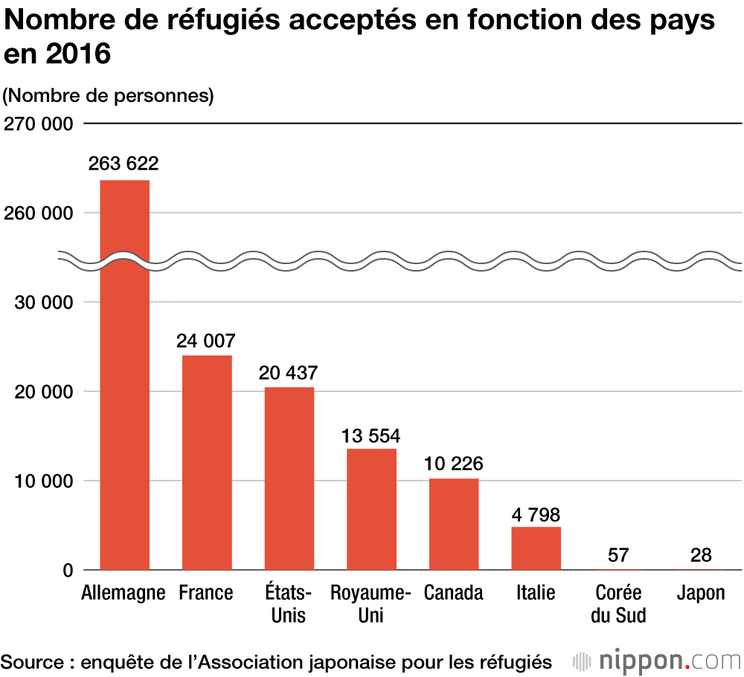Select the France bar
[x=207, y=462]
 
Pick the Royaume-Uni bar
[x=371, y=509]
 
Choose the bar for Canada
[x=453, y=524]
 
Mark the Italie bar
[x=536, y=548]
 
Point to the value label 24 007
[x=206, y=341]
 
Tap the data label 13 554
[x=371, y=434]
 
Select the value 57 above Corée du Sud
[x=618, y=554]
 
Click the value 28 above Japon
[x=700, y=554]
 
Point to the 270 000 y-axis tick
[x=38, y=123]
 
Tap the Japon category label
[x=701, y=593]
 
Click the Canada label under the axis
[x=453, y=593]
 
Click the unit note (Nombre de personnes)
[x=109, y=96]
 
